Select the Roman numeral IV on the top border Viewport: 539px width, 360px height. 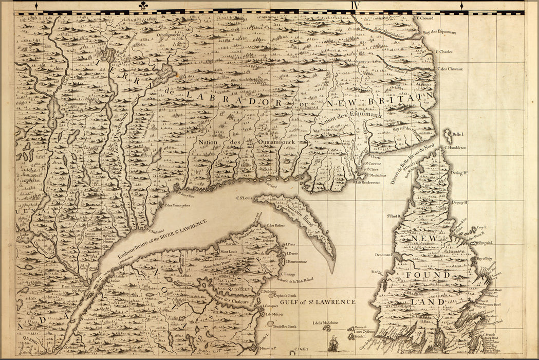click(355, 5)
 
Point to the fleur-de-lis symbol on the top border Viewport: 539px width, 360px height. click(142, 6)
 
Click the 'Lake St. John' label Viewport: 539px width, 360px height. click(23, 236)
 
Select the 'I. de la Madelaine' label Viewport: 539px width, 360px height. click(325, 323)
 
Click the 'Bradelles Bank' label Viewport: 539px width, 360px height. click(285, 327)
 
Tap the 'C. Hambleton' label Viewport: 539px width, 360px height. click(455, 148)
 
